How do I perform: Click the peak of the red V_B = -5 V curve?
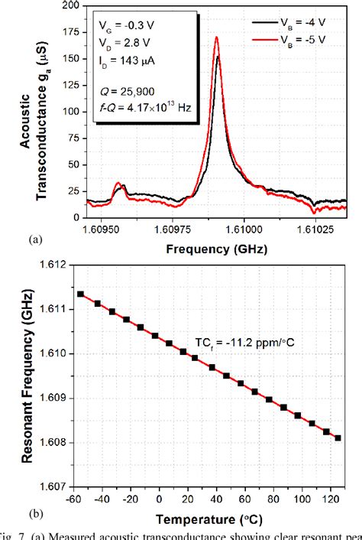point(217,37)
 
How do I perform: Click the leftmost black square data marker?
point(81,294)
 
